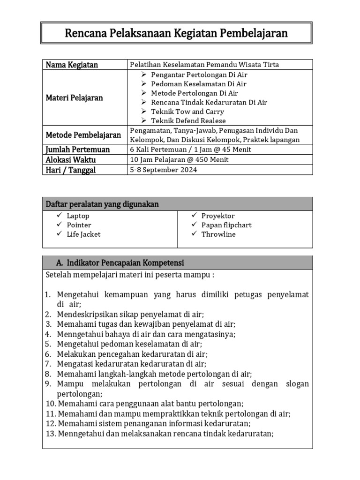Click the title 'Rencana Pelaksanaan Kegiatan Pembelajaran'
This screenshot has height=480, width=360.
click(x=176, y=33)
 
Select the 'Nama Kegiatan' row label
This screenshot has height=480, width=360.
click(x=72, y=65)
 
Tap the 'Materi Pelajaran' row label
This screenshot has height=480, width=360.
click(x=74, y=98)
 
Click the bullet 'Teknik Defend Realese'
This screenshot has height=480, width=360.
click(x=188, y=121)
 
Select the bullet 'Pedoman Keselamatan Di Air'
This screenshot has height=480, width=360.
click(x=198, y=84)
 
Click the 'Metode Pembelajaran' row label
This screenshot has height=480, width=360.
click(x=83, y=135)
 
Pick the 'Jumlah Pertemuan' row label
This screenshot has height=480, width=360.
click(x=77, y=150)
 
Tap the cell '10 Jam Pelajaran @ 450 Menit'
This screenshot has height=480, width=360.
click(x=179, y=159)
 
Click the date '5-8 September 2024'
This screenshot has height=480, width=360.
click(x=163, y=170)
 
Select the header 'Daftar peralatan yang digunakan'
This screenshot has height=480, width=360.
click(x=102, y=204)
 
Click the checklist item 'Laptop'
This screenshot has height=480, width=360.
click(x=78, y=216)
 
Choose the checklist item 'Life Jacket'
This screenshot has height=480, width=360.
click(x=83, y=234)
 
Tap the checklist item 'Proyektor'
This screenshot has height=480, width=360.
click(x=218, y=216)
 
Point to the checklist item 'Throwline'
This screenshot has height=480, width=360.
click(x=218, y=234)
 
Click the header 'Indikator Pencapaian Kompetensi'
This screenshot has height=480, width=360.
click(x=126, y=262)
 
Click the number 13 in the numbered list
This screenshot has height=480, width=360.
click(x=51, y=434)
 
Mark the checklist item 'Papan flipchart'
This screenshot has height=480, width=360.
click(x=226, y=225)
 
